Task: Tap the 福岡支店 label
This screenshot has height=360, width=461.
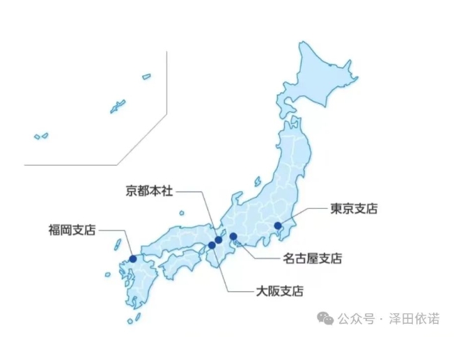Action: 72,229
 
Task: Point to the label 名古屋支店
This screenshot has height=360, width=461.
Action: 313,259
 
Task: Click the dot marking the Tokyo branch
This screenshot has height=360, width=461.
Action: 277,226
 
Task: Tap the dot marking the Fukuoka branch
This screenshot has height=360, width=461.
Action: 133,258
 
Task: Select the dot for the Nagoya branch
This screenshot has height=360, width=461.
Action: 233,237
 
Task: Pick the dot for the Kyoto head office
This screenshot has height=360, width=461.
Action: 219,240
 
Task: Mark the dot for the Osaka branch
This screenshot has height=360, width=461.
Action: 212,245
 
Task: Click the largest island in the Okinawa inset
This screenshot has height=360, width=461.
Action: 118,107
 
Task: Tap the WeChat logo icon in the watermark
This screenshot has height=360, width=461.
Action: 325,318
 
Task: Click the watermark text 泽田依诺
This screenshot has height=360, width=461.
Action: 414,319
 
